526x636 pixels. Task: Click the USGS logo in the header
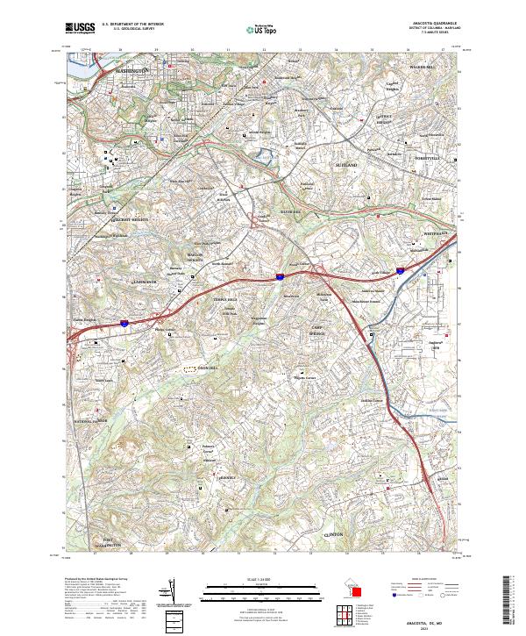click(x=80, y=28)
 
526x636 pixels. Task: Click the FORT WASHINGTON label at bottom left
click(x=110, y=542)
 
